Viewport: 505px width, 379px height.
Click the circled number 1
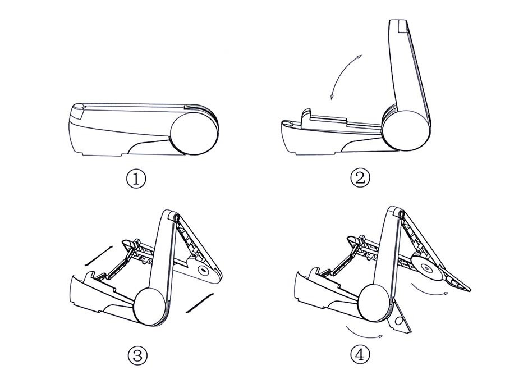click(x=136, y=179)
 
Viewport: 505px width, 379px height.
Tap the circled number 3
click(x=137, y=355)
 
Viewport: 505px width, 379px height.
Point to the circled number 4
click(x=360, y=354)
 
